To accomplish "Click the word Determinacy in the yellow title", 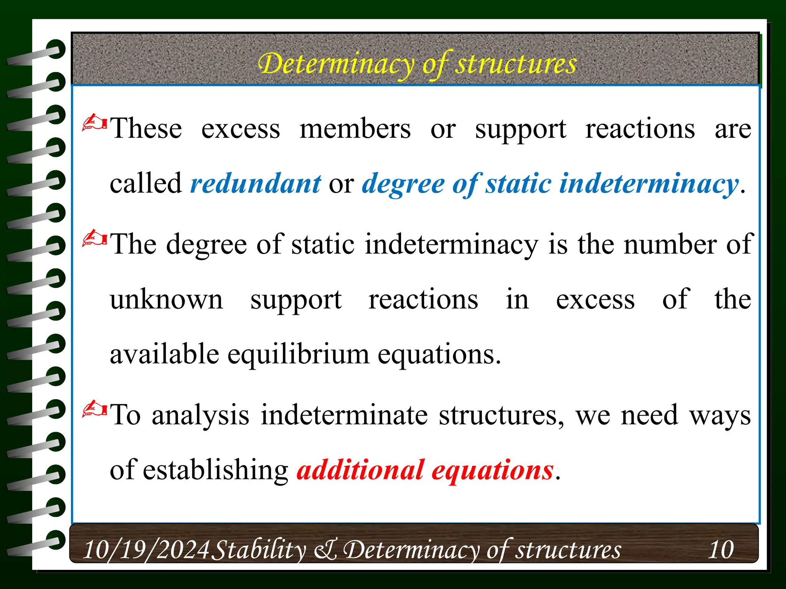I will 337,64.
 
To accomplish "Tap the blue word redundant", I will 256,184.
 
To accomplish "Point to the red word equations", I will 492,471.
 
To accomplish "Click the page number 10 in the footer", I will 721,550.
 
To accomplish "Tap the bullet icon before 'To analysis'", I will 94,409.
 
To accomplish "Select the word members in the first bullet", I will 355,128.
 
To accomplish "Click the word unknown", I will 166,299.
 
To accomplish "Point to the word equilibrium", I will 298,355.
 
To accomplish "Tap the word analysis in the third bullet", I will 200,415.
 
